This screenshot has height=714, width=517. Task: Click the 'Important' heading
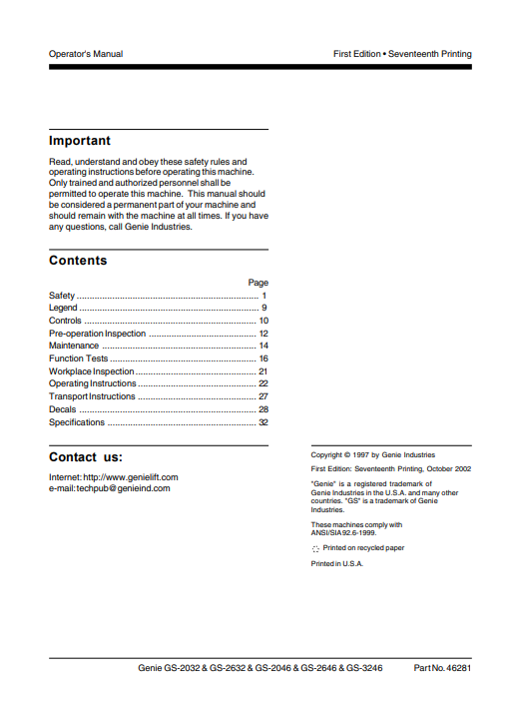(80, 141)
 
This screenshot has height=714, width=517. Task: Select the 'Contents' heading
(78, 261)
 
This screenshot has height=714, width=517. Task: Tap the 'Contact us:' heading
(86, 457)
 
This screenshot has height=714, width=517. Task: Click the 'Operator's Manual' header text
(86, 54)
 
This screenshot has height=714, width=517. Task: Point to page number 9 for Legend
(264, 309)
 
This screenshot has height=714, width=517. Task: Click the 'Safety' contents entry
(62, 297)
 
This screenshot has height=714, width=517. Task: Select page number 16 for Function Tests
(263, 358)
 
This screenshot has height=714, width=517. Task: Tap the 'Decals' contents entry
(62, 409)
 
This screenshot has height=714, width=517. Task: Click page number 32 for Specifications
(263, 422)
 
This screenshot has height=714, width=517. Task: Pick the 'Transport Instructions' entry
(92, 396)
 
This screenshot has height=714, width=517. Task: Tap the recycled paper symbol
(315, 549)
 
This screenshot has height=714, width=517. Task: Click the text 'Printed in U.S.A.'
(337, 564)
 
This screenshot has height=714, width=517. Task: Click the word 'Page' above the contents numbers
(258, 284)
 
